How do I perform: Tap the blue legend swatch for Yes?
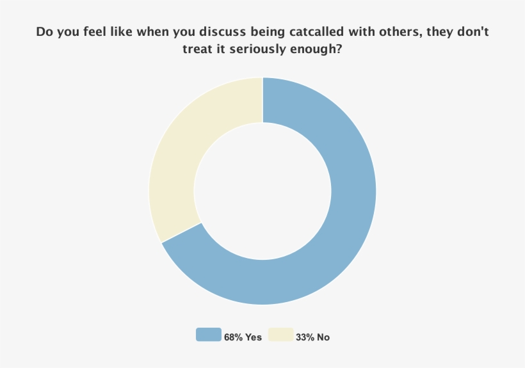click(x=208, y=335)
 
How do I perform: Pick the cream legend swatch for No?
click(x=280, y=335)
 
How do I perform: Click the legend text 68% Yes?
click(x=243, y=337)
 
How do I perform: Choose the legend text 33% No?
click(x=312, y=337)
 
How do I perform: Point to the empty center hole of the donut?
click(x=262, y=191)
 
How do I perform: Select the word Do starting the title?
click(x=44, y=31)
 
